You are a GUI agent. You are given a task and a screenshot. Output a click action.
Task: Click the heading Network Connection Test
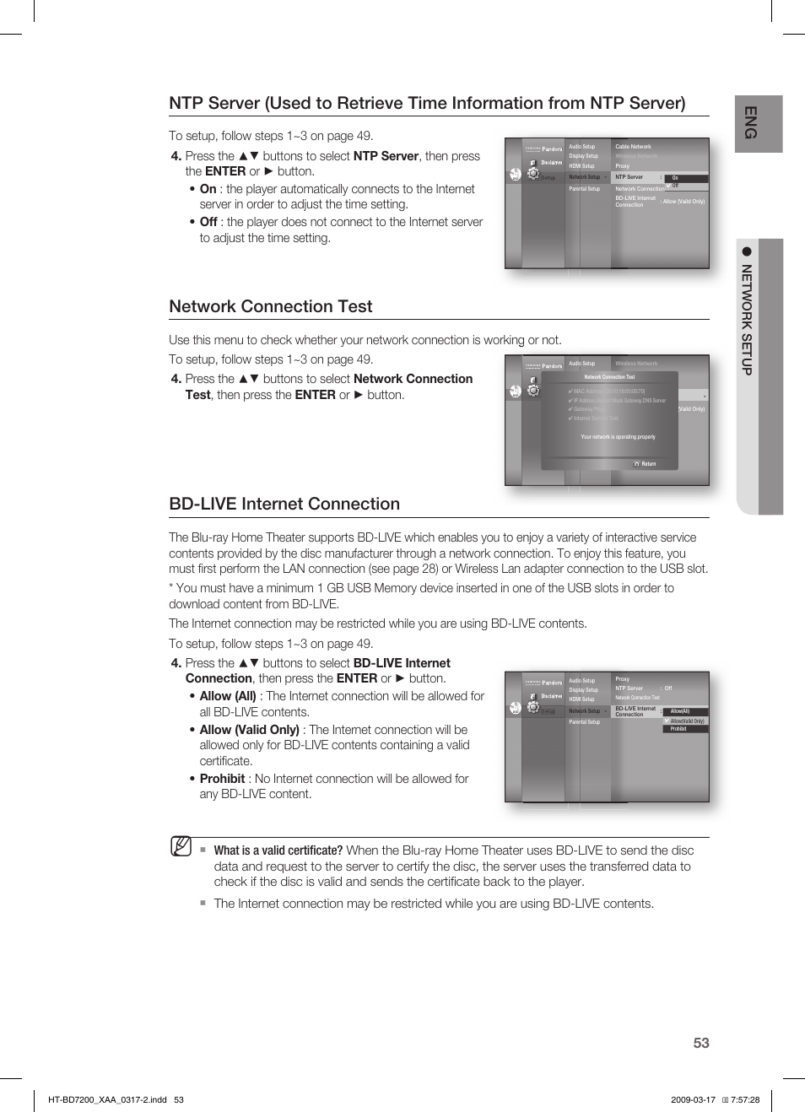pyautogui.click(x=270, y=306)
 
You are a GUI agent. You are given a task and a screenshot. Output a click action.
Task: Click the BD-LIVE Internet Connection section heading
pyautogui.click(x=284, y=504)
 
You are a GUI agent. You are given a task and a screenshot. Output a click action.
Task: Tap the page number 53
pyautogui.click(x=700, y=1043)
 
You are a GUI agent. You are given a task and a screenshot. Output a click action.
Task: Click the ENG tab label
pyautogui.click(x=749, y=123)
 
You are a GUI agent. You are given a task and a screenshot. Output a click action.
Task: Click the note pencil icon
pyautogui.click(x=181, y=846)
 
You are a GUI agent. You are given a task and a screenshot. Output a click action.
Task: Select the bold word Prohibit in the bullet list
pyautogui.click(x=222, y=779)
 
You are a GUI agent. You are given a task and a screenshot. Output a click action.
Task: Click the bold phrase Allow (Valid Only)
pyautogui.click(x=249, y=730)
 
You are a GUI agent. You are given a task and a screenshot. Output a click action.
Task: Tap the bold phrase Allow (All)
pyautogui.click(x=228, y=696)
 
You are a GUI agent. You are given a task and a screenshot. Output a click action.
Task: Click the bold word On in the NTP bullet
pyautogui.click(x=208, y=189)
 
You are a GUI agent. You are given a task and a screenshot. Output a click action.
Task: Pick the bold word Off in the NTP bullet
pyautogui.click(x=208, y=222)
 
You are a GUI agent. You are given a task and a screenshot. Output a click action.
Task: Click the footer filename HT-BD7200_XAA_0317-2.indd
pyautogui.click(x=107, y=1099)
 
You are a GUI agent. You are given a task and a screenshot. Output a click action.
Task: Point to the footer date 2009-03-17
pyautogui.click(x=693, y=1099)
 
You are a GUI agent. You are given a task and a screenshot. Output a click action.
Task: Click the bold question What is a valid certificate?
pyautogui.click(x=278, y=850)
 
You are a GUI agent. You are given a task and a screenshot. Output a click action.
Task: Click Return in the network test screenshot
pyautogui.click(x=648, y=464)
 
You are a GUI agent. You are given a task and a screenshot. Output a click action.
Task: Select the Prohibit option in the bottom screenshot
pyautogui.click(x=679, y=729)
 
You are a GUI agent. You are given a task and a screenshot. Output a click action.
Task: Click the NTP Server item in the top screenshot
pyautogui.click(x=629, y=177)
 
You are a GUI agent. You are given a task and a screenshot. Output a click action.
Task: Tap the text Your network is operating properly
pyautogui.click(x=618, y=437)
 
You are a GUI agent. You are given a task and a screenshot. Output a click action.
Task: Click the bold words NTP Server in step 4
pyautogui.click(x=386, y=156)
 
